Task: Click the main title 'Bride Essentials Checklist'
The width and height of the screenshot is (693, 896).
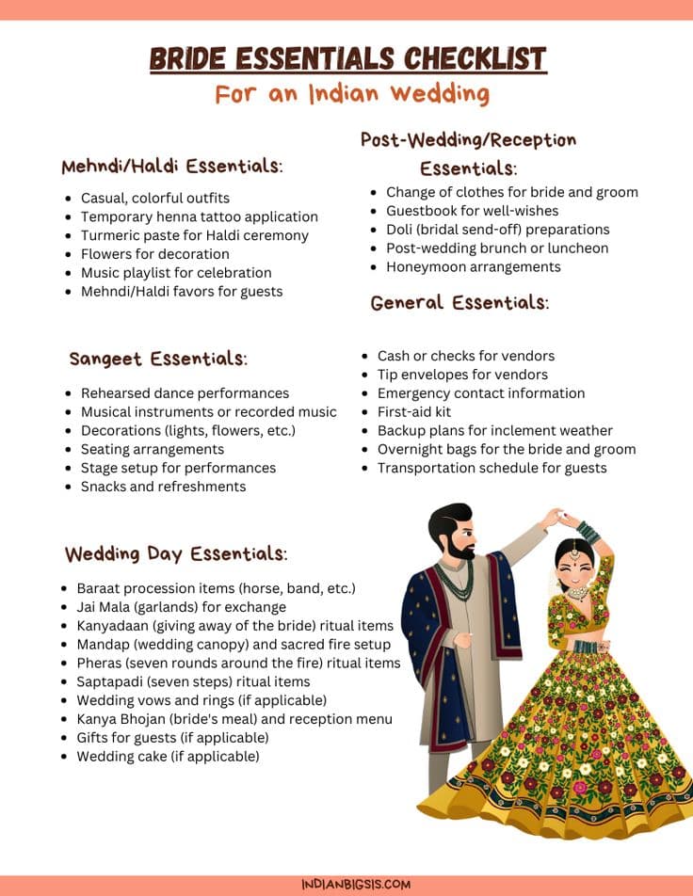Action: click(347, 59)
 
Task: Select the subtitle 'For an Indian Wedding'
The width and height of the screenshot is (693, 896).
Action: click(352, 94)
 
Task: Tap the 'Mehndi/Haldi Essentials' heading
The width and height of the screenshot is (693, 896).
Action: click(172, 167)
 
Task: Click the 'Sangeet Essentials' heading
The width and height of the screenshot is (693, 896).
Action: click(158, 359)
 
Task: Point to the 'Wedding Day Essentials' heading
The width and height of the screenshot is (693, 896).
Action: click(175, 553)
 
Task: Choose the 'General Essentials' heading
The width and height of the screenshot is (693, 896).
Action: click(459, 303)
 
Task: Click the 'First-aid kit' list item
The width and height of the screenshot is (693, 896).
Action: click(414, 411)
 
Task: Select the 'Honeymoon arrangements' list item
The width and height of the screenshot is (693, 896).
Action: click(473, 266)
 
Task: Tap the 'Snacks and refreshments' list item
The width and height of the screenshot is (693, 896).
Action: click(163, 487)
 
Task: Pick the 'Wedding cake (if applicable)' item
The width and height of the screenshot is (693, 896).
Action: click(168, 756)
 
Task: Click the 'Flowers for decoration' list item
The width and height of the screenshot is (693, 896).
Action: click(154, 254)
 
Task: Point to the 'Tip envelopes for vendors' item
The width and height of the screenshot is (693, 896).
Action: click(462, 375)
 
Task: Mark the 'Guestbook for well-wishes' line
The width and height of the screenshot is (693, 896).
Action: click(472, 211)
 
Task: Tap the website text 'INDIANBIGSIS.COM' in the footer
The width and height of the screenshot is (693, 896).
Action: click(347, 885)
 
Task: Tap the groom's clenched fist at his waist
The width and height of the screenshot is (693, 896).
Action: click(463, 639)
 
